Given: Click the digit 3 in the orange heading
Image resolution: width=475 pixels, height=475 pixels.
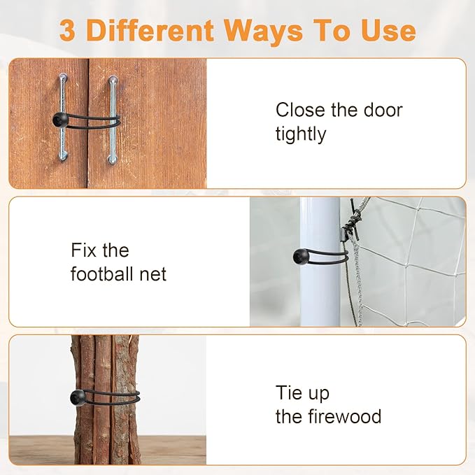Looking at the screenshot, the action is tap(67, 30).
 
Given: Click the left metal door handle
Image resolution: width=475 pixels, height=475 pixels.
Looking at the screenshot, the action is tap(63, 117).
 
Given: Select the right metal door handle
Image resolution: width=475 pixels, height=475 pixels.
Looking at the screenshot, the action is tap(113, 120).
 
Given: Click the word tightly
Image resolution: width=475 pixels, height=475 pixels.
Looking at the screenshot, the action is tap(301, 134).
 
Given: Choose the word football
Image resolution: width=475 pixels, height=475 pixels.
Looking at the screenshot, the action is tap(102, 274).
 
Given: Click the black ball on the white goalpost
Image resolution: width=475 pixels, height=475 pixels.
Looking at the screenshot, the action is tap(300, 256).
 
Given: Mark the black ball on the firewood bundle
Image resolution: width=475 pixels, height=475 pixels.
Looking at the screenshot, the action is tap(78, 397).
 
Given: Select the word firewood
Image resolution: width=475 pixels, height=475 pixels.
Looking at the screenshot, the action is tap(345, 416).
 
